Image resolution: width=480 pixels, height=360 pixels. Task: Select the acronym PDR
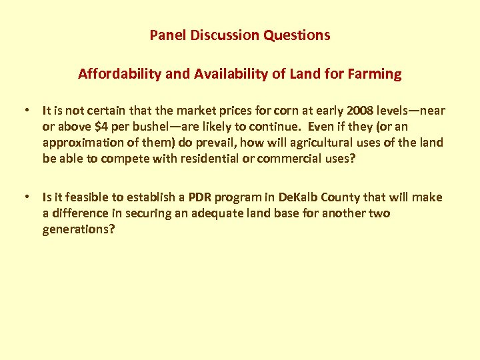coord(201,197)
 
